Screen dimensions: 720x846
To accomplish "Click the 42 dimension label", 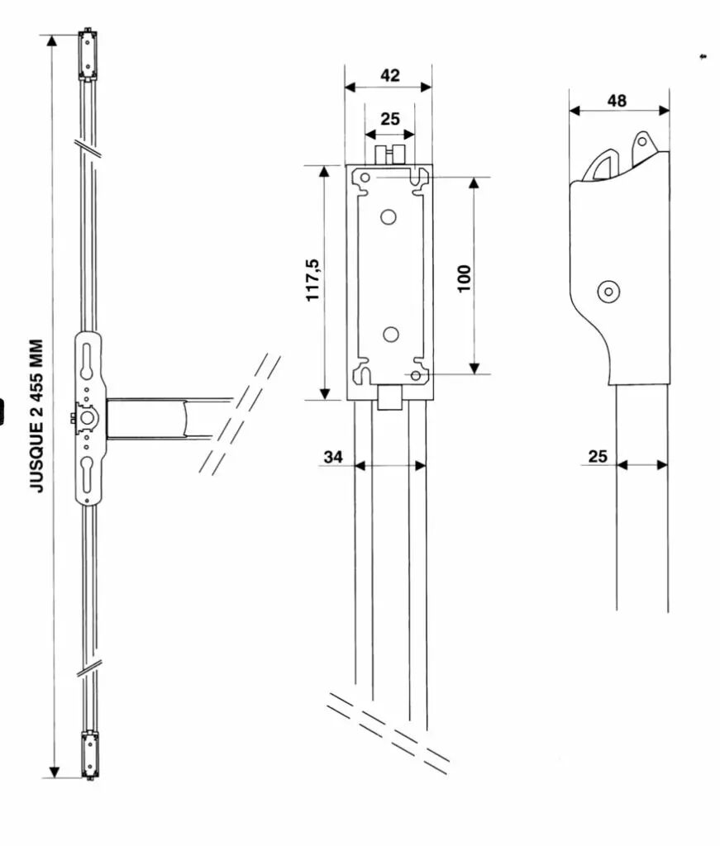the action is (389, 75).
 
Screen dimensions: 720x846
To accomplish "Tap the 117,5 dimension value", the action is (313, 280).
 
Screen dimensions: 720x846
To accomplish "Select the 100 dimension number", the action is (464, 278).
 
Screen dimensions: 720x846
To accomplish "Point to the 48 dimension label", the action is (617, 100).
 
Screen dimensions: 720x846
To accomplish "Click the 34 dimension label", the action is (333, 457).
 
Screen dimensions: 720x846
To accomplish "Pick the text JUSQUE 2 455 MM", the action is (36, 416).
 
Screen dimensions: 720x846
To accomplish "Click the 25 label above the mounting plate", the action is (389, 119).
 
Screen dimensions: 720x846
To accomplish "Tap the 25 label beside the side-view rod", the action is (598, 456).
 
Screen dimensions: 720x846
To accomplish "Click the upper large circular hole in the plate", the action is (388, 217).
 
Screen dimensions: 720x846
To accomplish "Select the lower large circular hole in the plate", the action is (391, 335).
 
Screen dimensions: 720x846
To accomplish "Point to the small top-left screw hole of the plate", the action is (365, 177).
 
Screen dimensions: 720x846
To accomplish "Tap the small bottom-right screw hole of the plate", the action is (415, 375).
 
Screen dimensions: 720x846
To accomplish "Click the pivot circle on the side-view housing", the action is (608, 292).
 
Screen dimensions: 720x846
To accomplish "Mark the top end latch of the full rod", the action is (88, 55).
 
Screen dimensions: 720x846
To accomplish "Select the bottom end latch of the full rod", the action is (89, 755).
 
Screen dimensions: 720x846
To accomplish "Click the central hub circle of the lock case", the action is (88, 419).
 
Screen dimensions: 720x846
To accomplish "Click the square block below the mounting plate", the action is (389, 397).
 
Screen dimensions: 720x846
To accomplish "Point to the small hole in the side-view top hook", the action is (641, 142).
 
